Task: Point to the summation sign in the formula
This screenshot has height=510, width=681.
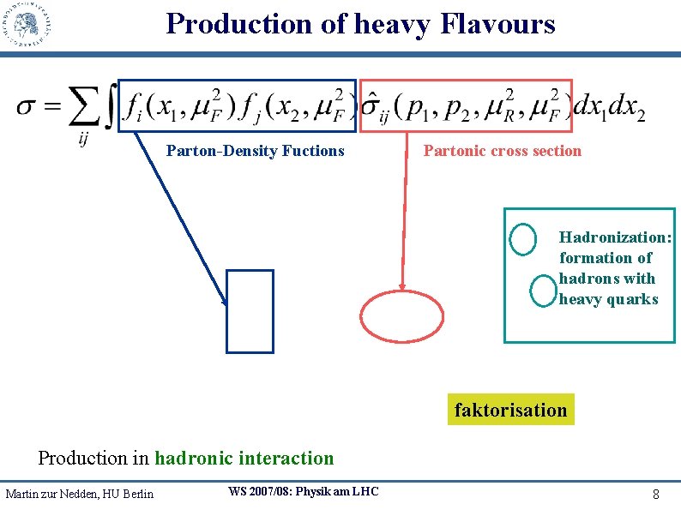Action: tap(81, 110)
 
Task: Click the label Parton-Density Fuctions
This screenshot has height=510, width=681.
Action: tap(255, 151)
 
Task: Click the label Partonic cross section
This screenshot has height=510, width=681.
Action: tap(502, 151)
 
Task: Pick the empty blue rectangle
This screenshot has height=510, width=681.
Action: tap(250, 311)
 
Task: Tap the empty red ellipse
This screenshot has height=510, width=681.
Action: tap(402, 317)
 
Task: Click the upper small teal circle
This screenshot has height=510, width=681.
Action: tap(522, 239)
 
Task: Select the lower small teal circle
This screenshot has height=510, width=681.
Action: tap(543, 291)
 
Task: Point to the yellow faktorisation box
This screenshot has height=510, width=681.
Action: tap(510, 410)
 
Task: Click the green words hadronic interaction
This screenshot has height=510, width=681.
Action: tap(244, 458)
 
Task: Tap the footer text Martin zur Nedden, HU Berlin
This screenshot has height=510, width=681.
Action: tap(79, 494)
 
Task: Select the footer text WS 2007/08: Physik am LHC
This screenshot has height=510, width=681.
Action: tap(303, 491)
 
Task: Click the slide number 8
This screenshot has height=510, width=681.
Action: tap(655, 495)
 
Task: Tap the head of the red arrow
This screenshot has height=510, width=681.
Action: tap(400, 289)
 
